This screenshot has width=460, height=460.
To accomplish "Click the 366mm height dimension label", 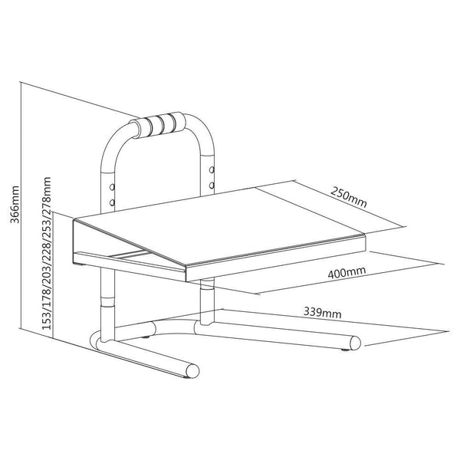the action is [15, 204].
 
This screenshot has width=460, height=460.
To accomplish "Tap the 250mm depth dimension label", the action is [349, 197].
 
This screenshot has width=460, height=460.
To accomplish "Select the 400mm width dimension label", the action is [347, 272].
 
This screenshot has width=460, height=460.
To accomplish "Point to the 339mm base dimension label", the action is [323, 312].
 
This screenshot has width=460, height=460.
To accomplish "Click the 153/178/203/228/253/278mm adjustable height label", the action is [47, 254].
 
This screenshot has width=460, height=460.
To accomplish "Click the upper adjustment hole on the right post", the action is [212, 169].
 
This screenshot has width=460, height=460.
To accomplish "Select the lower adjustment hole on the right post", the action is [212, 186].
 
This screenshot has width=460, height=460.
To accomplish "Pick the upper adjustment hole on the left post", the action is [112, 186].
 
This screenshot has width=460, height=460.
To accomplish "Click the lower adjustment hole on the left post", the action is [112, 202].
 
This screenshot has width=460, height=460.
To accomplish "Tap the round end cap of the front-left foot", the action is [192, 371].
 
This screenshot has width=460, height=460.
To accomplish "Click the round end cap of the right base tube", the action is [355, 343].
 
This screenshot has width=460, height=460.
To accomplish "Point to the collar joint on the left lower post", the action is [107, 301].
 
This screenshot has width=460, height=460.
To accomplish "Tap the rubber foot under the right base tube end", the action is [345, 350].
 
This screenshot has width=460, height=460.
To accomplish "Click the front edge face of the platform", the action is [276, 258].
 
